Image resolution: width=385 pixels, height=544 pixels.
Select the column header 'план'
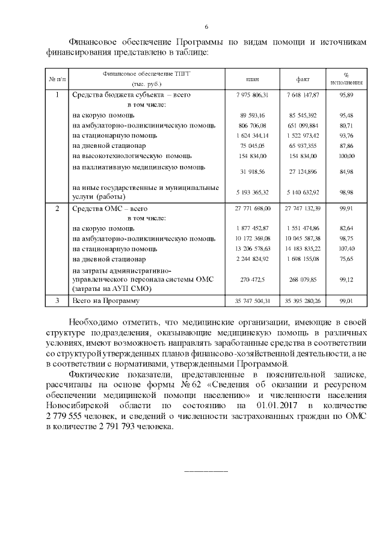point(253,79)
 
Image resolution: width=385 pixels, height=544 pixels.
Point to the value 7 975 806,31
point(253,95)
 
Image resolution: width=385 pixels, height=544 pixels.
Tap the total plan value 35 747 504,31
point(253,301)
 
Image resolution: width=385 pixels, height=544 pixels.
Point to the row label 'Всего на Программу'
point(105,301)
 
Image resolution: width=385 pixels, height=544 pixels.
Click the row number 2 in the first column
point(57,208)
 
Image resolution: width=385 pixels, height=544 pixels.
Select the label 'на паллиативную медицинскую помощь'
point(139,167)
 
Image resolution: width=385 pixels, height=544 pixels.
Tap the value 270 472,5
point(253,280)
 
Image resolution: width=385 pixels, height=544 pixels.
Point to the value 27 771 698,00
point(253,208)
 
